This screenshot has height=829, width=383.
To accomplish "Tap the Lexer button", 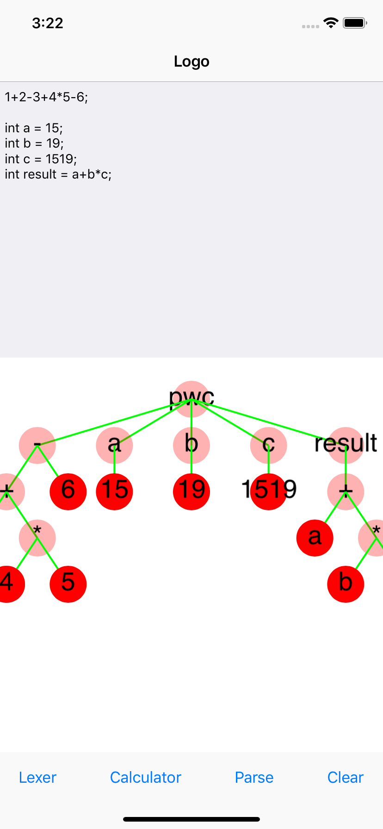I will click(x=37, y=777).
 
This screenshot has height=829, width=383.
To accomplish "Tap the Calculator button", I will click(x=145, y=777).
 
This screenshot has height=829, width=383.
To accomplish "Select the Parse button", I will click(x=254, y=777).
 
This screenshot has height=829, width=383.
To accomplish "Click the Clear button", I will click(x=345, y=777).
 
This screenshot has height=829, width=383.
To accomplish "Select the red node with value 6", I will click(x=68, y=491).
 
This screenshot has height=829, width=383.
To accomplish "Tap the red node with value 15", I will click(x=114, y=491).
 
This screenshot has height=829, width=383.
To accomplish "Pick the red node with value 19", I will click(x=191, y=491).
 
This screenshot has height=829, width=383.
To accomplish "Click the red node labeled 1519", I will click(x=269, y=491).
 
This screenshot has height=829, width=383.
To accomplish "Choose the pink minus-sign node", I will click(x=37, y=445).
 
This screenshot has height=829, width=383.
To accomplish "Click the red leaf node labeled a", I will click(x=315, y=538).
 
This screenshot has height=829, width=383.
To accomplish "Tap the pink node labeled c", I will click(x=269, y=445).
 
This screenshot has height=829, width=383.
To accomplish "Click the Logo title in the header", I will click(x=191, y=61).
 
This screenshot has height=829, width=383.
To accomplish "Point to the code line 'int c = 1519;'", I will click(x=41, y=159).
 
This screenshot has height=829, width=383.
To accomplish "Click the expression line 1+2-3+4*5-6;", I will click(x=46, y=97).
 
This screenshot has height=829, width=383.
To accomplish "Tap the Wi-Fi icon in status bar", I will click(x=331, y=23).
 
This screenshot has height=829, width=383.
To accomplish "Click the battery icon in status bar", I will click(x=355, y=23).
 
